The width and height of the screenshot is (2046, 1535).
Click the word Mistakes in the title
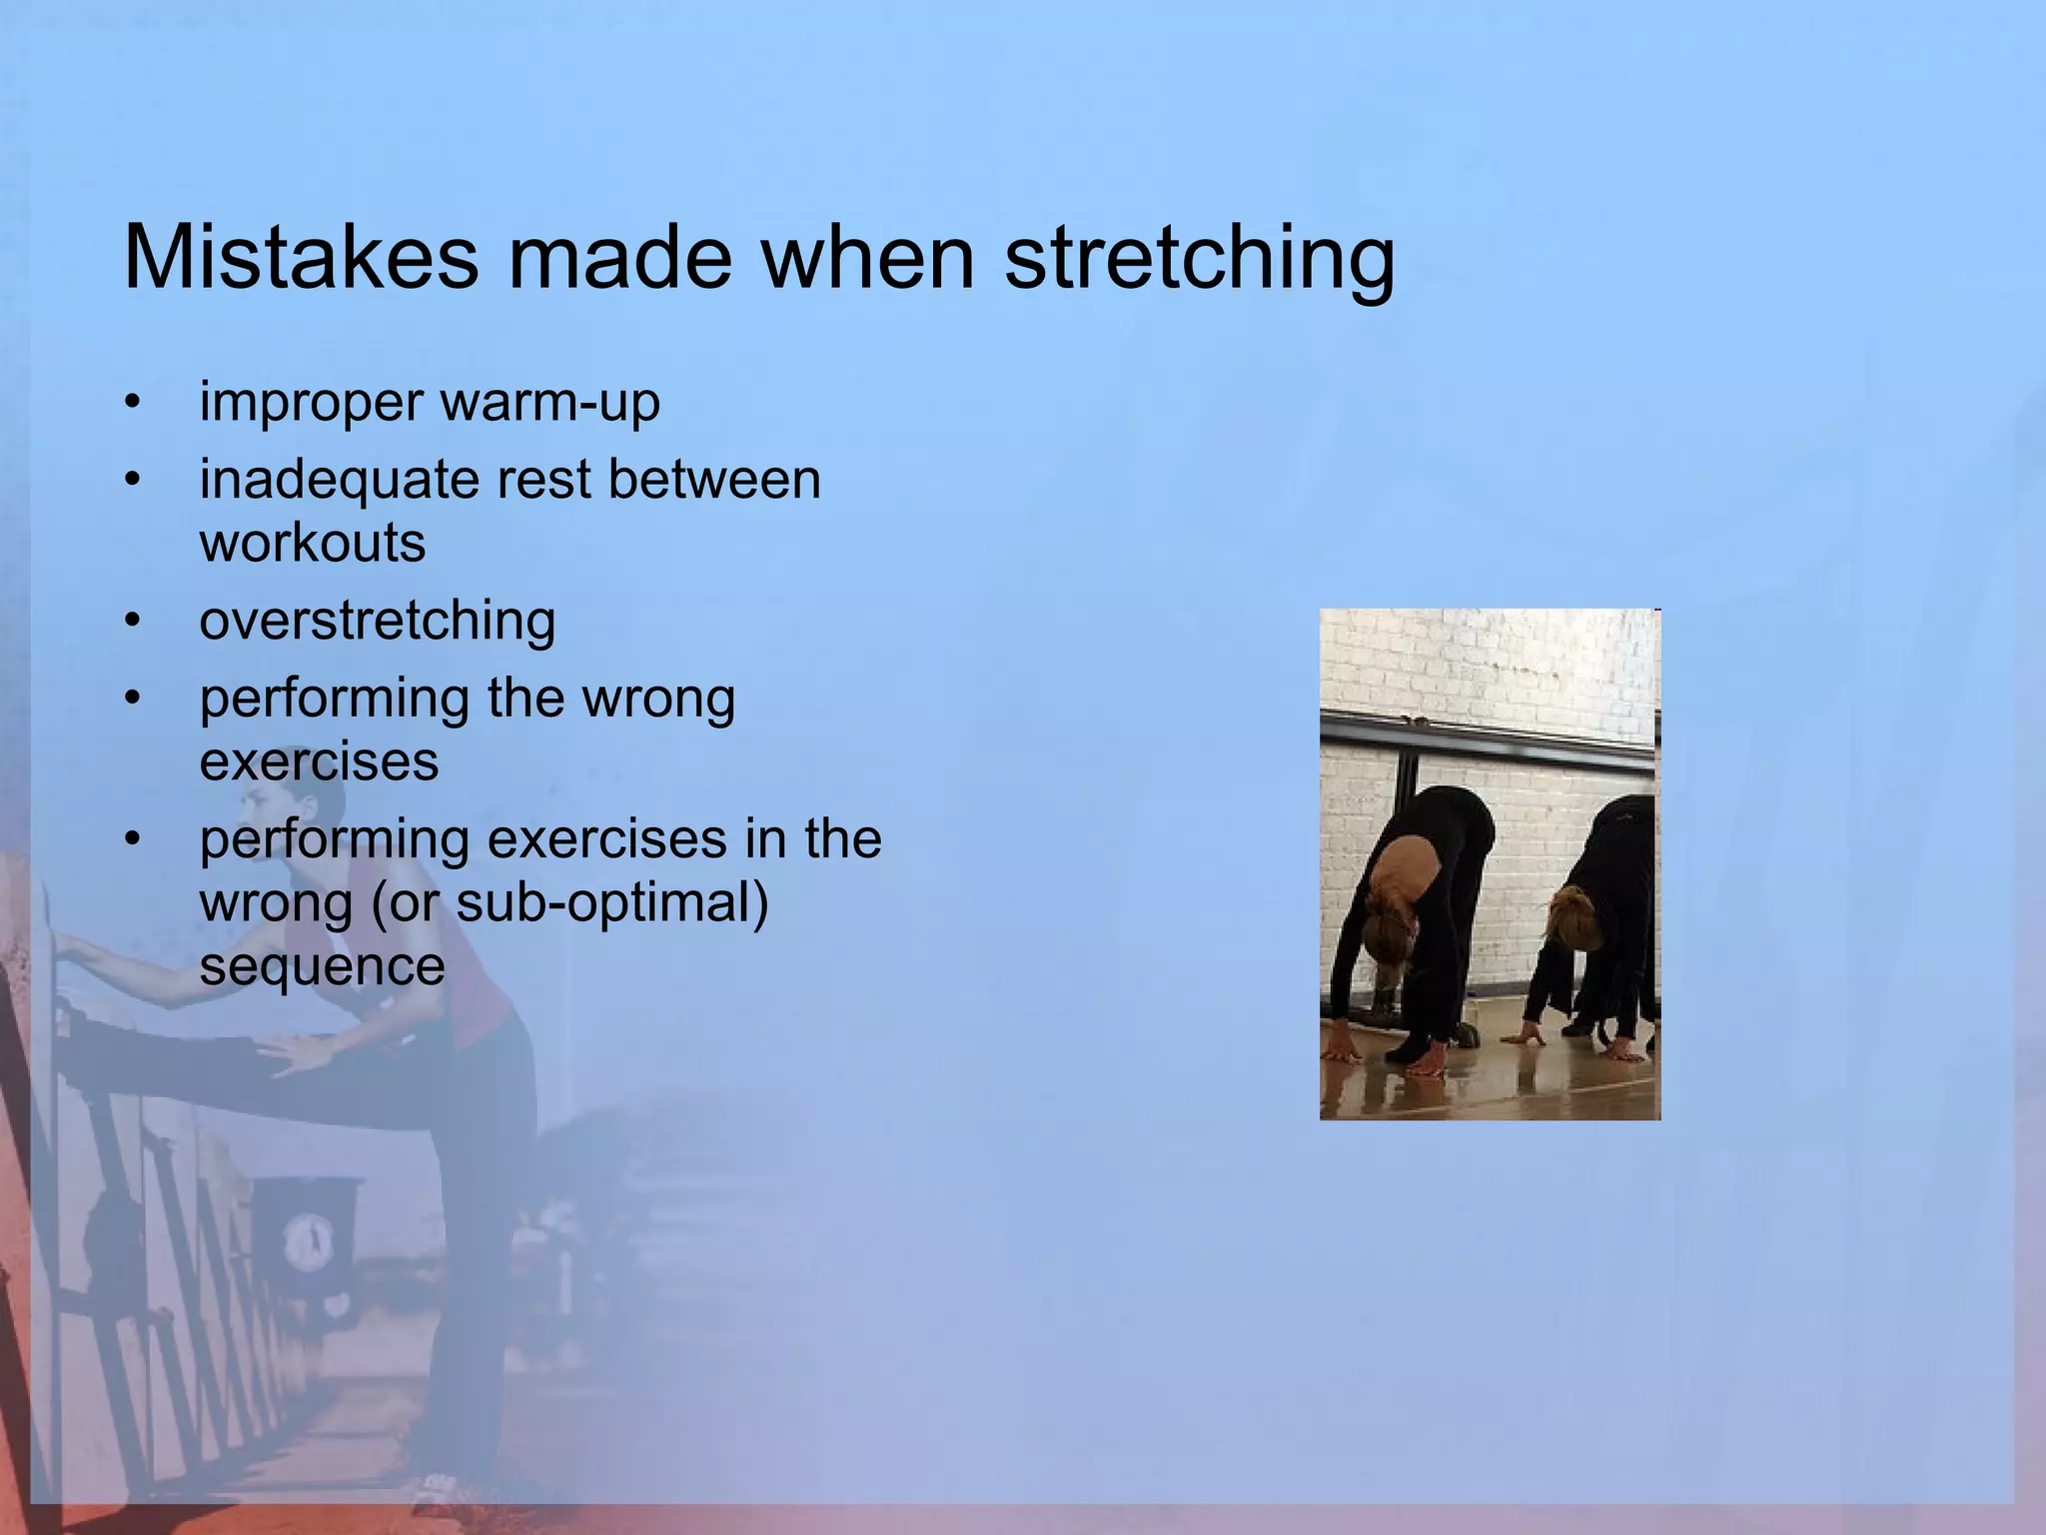click(300, 258)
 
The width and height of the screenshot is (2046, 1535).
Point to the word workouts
click(313, 543)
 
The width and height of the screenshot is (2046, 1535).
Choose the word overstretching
click(378, 621)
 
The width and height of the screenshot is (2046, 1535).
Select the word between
click(714, 480)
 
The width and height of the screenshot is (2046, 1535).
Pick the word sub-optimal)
click(612, 902)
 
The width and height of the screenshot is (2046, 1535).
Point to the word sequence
click(322, 966)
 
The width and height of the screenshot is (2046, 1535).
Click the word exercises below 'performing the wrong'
click(319, 762)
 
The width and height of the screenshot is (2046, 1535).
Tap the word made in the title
click(619, 258)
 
